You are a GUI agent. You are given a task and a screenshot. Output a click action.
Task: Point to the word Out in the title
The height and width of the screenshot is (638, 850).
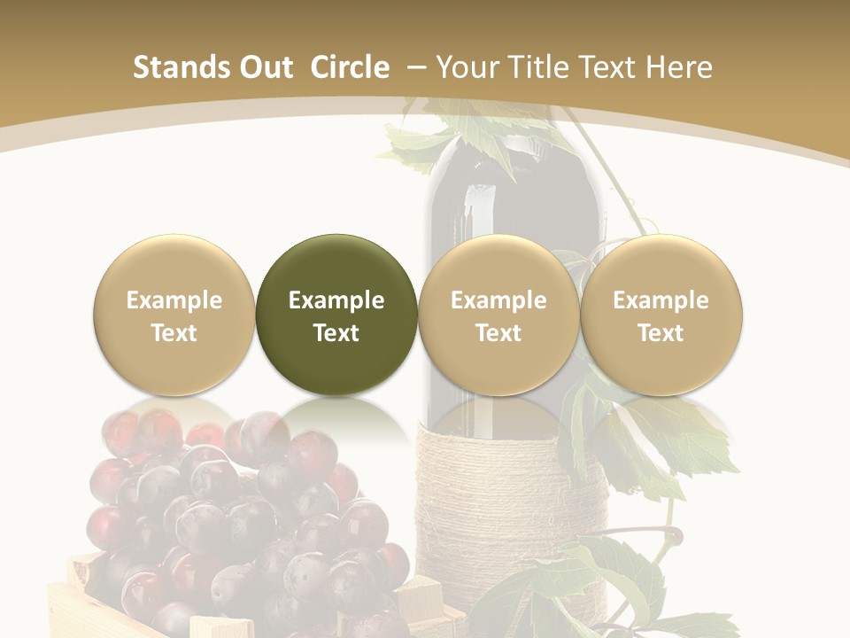[x=266, y=67]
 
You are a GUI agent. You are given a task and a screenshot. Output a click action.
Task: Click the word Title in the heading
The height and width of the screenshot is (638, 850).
[x=536, y=67]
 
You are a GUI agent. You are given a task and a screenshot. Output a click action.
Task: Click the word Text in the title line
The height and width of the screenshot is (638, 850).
[x=606, y=67]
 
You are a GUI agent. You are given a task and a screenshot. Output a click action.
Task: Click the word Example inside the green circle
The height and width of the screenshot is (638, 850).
[x=336, y=300]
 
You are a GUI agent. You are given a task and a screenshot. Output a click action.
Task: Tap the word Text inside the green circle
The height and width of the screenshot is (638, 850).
[x=336, y=333]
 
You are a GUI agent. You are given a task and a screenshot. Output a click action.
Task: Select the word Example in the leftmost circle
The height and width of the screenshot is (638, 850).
[x=174, y=300]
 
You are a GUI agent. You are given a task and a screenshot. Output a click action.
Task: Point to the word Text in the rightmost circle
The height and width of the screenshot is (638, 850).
[x=661, y=333]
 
